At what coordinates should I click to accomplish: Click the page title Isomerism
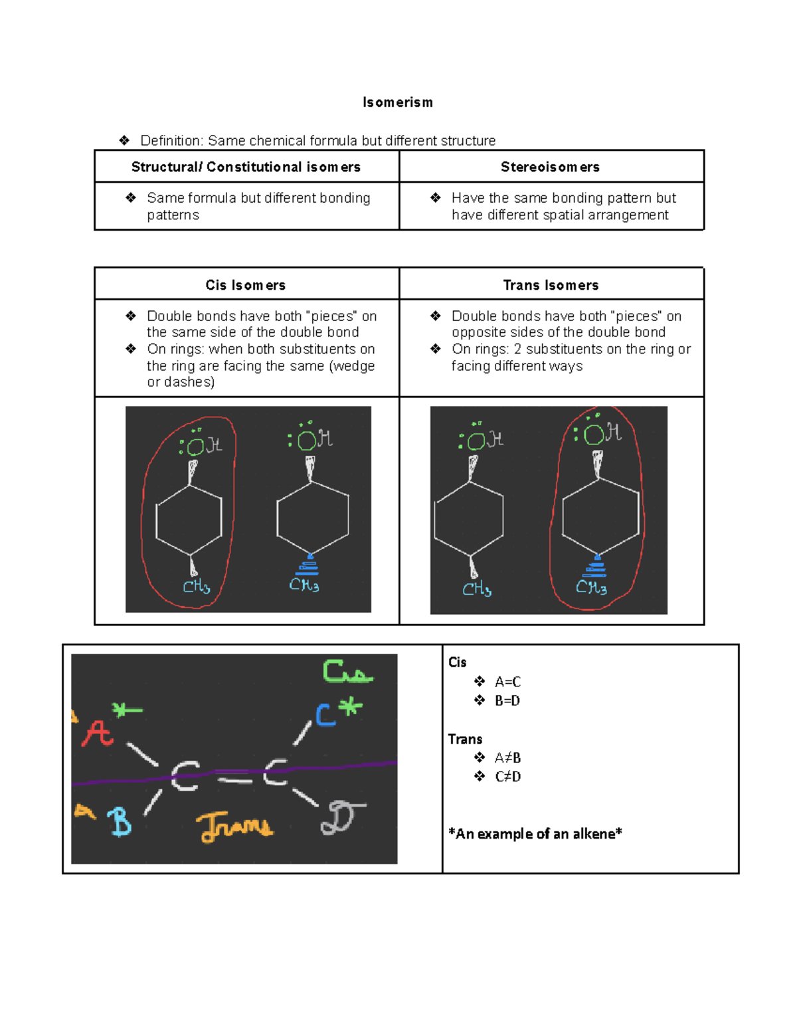[x=397, y=102]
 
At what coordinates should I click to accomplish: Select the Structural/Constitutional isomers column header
[x=246, y=167]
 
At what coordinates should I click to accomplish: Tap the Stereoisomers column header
[x=550, y=167]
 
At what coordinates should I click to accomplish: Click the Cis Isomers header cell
[x=246, y=285]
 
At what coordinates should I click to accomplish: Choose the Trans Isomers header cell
[x=551, y=285]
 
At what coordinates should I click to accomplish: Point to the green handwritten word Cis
[x=347, y=672]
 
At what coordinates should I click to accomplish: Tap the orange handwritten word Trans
[x=234, y=827]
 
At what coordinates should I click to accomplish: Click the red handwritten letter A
[x=97, y=734]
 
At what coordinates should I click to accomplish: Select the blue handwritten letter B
[x=120, y=821]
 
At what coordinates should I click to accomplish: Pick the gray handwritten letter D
[x=341, y=818]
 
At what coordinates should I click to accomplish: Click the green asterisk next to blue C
[x=351, y=708]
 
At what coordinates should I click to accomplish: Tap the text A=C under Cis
[x=507, y=682]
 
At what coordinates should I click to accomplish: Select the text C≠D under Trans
[x=507, y=776]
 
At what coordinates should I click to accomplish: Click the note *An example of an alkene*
[x=535, y=834]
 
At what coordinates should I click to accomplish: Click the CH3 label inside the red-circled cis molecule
[x=197, y=587]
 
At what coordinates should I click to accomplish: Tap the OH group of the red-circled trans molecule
[x=602, y=434]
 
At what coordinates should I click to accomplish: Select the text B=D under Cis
[x=507, y=700]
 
